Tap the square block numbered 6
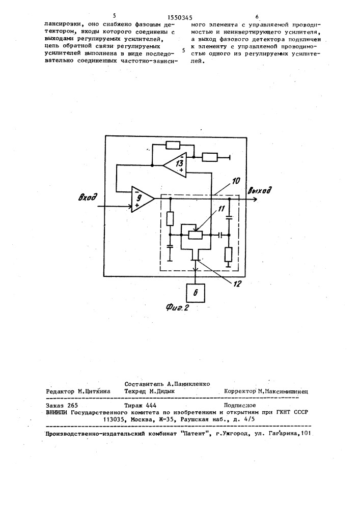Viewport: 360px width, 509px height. click(196, 293)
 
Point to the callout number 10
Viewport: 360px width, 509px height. click(236, 181)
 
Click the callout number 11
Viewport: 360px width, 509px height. click(221, 209)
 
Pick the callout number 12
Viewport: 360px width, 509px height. click(237, 284)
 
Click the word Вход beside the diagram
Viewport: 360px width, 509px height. click(88, 196)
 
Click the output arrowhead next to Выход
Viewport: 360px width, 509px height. click(255, 199)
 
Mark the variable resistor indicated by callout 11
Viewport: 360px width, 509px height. click(196, 235)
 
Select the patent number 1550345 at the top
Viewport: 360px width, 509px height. click(180, 18)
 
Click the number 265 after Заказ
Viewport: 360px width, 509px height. click(73, 405)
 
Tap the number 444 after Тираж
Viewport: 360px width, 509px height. click(151, 405)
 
